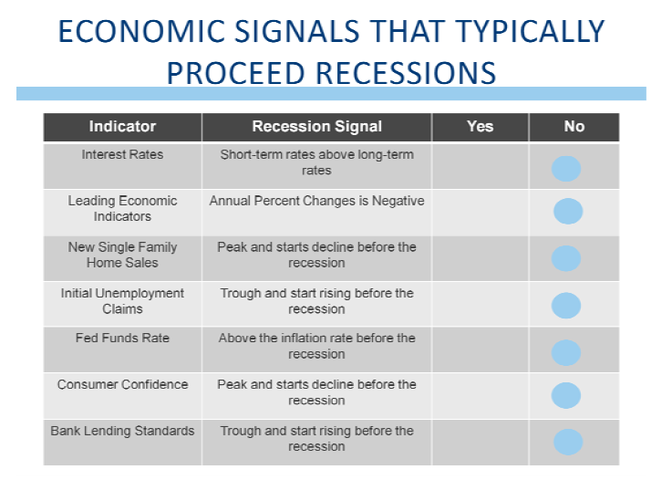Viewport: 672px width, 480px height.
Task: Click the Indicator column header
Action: [122, 127]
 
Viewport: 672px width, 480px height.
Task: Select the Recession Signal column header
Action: [316, 127]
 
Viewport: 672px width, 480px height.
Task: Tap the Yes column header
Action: [480, 127]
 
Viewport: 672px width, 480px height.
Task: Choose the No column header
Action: [574, 127]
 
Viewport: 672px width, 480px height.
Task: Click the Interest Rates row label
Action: [122, 154]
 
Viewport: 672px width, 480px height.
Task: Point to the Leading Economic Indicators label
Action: [122, 208]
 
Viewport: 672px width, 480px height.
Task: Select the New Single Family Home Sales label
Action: [122, 255]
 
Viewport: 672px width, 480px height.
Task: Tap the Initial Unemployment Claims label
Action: [122, 301]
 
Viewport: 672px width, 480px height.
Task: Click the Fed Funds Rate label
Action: [122, 338]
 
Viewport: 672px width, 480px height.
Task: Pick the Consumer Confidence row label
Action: [122, 384]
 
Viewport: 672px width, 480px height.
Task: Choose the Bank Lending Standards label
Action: [122, 431]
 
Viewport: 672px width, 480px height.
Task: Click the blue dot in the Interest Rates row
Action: [566, 169]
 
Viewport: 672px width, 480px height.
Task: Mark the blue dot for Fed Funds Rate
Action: [566, 352]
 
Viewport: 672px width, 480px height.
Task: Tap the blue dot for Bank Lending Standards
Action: [568, 442]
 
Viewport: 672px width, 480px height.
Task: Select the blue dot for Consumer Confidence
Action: [566, 395]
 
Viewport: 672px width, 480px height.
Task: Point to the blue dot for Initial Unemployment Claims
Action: [566, 306]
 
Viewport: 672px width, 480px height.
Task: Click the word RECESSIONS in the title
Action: [406, 73]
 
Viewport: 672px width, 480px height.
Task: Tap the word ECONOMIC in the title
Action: [141, 31]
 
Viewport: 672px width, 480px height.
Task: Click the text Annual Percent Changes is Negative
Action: [316, 201]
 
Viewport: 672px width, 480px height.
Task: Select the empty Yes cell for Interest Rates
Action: [480, 166]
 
